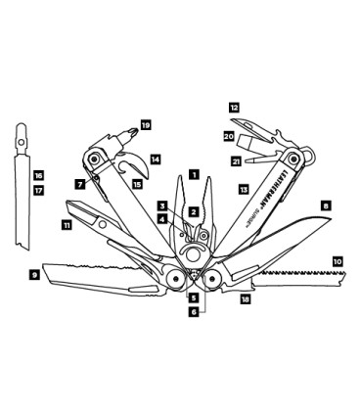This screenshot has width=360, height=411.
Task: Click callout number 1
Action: point(194,175)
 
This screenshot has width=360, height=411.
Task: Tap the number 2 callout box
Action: point(194,210)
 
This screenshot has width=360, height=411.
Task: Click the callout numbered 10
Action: point(337,262)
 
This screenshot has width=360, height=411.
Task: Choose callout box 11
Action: point(66,225)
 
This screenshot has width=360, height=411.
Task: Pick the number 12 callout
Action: point(234,106)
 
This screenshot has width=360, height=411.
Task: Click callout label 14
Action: point(155,158)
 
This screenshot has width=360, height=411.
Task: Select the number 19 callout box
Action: point(146,125)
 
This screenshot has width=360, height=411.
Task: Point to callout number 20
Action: point(228,136)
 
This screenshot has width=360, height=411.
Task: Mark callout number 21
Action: point(236,160)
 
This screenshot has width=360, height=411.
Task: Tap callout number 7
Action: point(79,184)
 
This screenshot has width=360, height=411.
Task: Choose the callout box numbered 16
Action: point(38,176)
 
